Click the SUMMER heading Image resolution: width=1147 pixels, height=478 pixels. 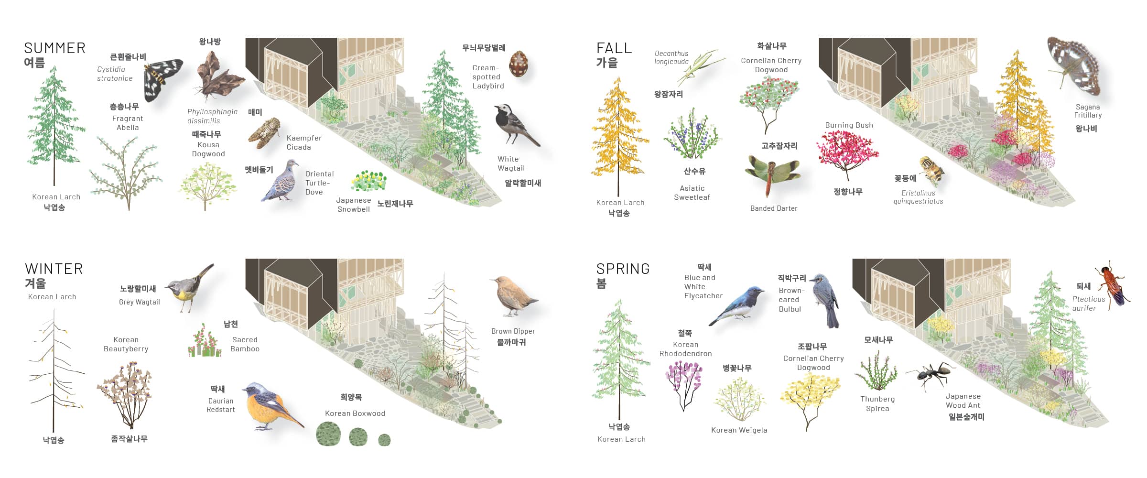(x=54, y=48)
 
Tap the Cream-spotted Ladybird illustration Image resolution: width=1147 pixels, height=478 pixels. (x=519, y=65)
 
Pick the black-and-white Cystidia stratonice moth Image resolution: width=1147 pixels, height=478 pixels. (x=162, y=79)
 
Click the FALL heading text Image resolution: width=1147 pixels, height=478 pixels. (x=614, y=48)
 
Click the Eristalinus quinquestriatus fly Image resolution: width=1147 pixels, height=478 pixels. (x=932, y=170)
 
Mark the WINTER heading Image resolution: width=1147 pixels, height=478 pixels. (x=54, y=269)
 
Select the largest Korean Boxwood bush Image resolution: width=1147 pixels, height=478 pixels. (x=328, y=434)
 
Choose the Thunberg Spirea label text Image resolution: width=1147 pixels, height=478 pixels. (x=877, y=404)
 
